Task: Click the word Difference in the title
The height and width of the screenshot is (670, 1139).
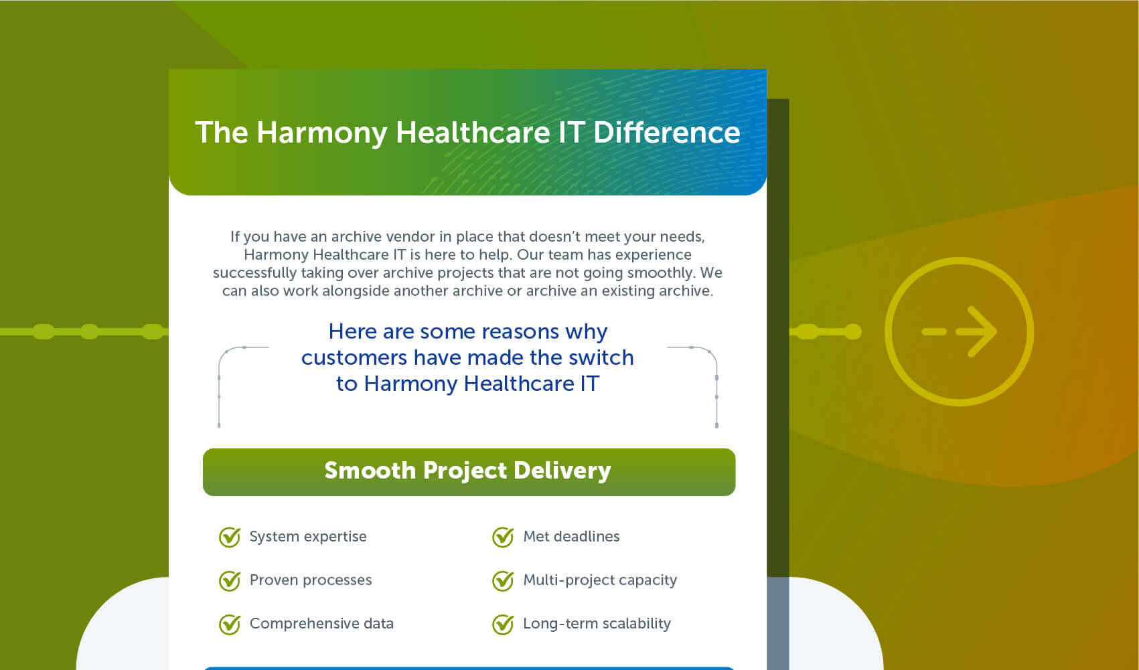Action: point(666,133)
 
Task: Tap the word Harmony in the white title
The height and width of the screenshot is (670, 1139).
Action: point(321,133)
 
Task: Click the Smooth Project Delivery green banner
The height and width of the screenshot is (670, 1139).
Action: point(469,472)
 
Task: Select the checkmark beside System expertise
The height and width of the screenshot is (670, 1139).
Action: point(230,537)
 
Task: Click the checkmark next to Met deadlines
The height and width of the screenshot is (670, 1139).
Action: point(503,537)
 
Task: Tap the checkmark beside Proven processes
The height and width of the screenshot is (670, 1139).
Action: point(230,580)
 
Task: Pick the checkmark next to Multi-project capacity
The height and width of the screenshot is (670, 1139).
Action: point(503,580)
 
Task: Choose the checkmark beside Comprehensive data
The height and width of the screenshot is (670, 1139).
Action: point(230,624)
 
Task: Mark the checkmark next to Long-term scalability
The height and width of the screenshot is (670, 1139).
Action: point(503,624)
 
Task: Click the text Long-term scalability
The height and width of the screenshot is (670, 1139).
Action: point(597,624)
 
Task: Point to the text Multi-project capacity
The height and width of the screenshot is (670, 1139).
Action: point(600,580)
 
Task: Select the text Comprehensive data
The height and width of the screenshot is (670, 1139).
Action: point(321,624)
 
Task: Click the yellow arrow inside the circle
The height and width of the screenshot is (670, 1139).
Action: point(960,332)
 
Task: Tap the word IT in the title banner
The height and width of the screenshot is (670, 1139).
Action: point(571,133)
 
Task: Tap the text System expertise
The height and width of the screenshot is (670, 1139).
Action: point(308,537)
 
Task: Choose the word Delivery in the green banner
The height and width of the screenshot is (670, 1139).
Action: point(562,471)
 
